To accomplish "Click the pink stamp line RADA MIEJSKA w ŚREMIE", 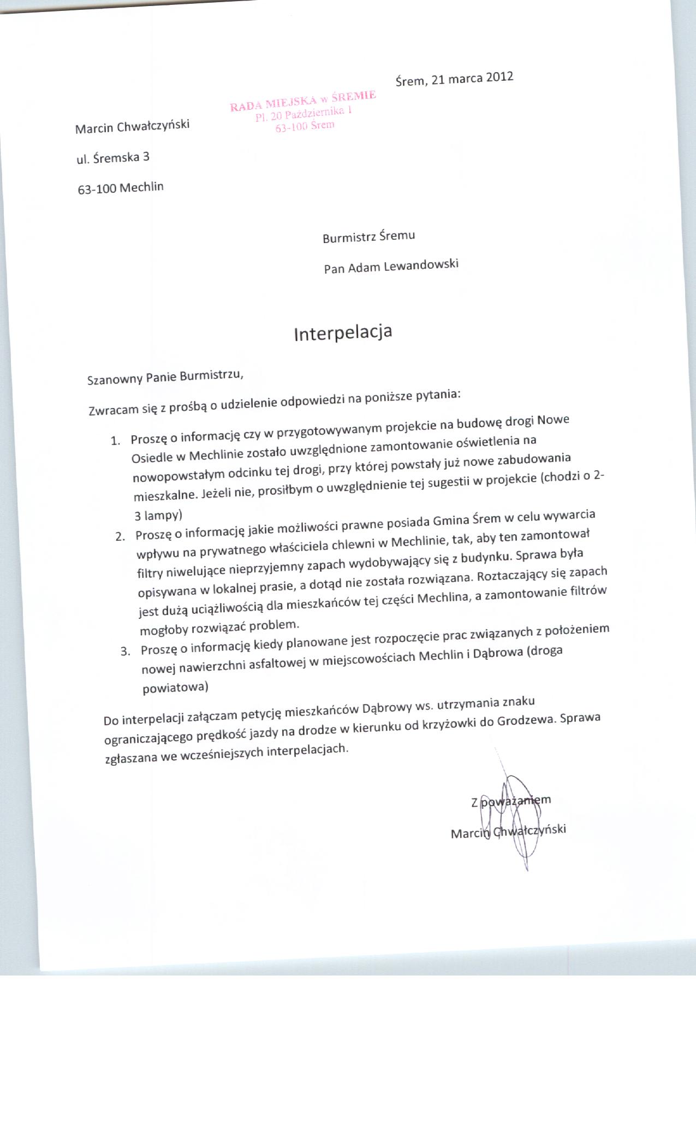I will pos(303,100).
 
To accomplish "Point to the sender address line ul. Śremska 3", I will pos(113,158).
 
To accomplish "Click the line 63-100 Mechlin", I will pos(121,188).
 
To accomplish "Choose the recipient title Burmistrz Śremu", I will pos(368,237).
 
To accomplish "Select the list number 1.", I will pos(115,441).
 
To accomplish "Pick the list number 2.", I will pos(120,536).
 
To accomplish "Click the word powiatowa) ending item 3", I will pos(175,687).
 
